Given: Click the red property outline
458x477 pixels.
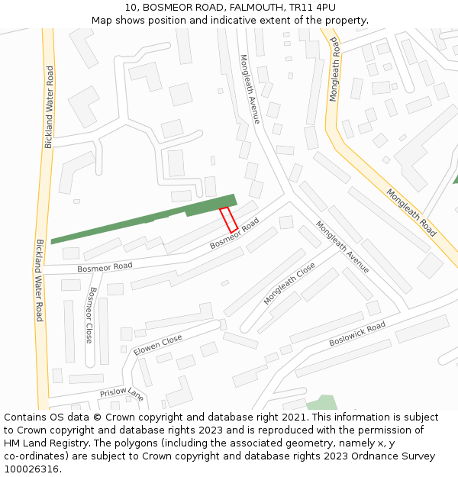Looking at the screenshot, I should coord(228,220).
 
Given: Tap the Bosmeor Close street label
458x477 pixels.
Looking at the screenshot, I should coord(90,314).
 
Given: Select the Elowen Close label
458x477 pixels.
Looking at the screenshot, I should coord(158,345).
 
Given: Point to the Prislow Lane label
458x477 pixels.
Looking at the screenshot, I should coord(121,394).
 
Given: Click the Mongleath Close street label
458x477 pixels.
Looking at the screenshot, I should coord(289,283).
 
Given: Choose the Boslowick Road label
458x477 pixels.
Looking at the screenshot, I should coord(357,334).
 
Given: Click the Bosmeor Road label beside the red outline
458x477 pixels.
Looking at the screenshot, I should coord(234,233).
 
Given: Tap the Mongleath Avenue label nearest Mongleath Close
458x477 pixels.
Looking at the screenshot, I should coord(343,247).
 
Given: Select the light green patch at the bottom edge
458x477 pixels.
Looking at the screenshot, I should coord(323,403).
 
